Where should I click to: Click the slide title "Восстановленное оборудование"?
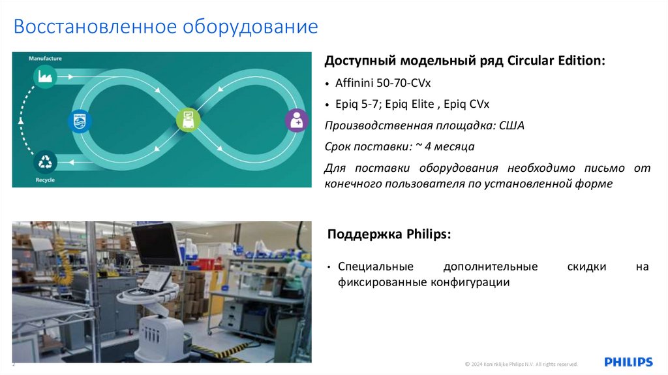[166, 27]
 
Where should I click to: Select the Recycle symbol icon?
[45, 161]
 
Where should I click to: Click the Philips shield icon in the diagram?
[80, 121]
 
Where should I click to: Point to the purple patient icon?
[297, 121]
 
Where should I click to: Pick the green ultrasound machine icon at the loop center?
[188, 120]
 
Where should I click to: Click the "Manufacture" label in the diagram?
[45, 59]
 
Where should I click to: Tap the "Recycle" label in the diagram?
[45, 180]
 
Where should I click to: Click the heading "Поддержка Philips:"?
[389, 234]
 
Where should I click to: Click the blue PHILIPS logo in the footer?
[628, 362]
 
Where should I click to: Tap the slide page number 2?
[13, 365]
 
